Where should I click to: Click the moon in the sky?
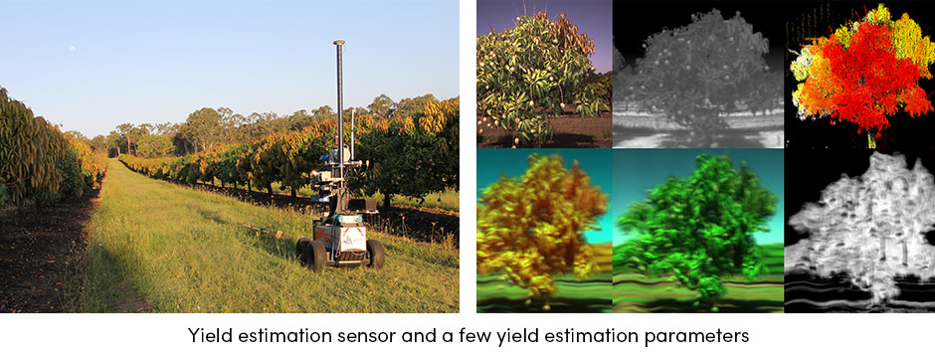click(x=73, y=49)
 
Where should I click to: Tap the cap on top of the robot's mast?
click(x=339, y=43)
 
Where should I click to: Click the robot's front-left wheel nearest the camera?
click(x=315, y=257)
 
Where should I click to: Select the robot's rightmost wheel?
click(x=376, y=254)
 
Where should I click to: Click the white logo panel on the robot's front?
click(x=352, y=239)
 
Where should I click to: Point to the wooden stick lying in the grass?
click(x=262, y=230)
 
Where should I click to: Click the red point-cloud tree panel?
click(x=859, y=74)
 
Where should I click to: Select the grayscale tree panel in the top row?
click(x=698, y=74)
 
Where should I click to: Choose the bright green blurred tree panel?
click(x=698, y=231)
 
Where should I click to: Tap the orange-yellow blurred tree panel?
click(x=544, y=231)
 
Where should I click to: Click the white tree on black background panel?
click(x=859, y=231)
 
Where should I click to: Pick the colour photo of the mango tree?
click(x=544, y=74)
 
